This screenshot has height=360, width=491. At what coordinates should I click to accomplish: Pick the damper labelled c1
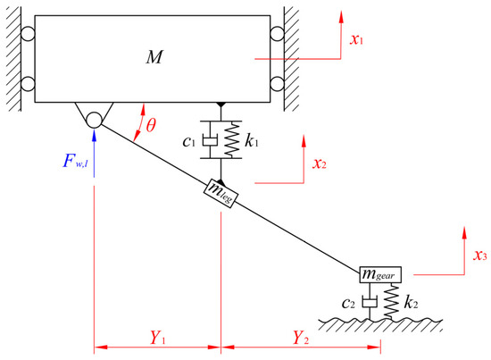(x=210, y=141)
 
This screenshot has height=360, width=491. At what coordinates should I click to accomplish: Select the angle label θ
(x=151, y=126)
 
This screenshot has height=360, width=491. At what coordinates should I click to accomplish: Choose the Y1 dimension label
(x=156, y=338)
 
